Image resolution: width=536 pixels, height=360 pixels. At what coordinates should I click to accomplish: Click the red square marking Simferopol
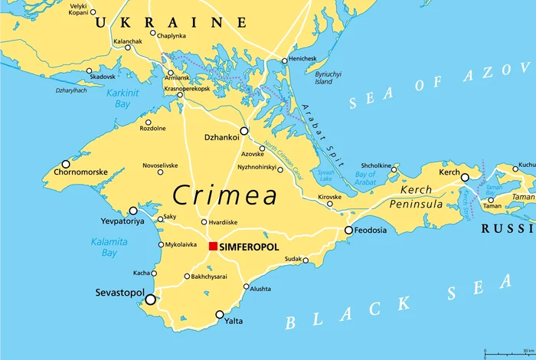tap(214, 246)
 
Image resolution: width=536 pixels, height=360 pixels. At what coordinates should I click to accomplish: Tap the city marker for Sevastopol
tap(151, 299)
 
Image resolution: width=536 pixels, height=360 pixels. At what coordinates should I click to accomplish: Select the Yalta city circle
tap(220, 314)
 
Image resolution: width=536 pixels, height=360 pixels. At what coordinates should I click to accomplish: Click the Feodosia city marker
tap(348, 230)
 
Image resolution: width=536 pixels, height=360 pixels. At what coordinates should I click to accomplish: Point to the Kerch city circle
tap(465, 177)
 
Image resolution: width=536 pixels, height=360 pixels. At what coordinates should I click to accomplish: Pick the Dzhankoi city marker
tap(244, 131)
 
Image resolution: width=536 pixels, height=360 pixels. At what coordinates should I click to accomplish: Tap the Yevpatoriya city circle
tap(133, 210)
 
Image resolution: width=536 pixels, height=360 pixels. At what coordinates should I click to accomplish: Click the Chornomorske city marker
tap(66, 164)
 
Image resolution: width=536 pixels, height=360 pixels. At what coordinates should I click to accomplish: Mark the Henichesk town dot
tap(284, 61)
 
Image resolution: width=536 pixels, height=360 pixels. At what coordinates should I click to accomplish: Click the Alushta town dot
tap(246, 287)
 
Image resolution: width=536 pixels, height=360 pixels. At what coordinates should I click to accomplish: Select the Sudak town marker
tap(306, 260)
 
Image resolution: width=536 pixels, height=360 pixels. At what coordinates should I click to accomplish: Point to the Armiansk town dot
tap(170, 74)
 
